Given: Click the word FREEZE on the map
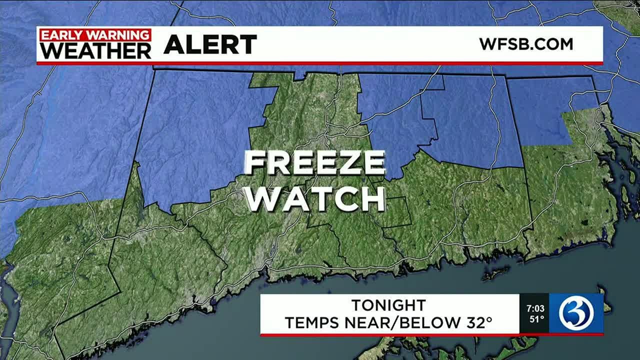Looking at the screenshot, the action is point(315,163).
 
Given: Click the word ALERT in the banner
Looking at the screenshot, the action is point(210,45).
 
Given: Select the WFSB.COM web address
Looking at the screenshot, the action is point(526,44).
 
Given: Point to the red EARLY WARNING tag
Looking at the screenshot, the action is point(95,35).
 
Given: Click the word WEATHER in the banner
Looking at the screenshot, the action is point(95,50).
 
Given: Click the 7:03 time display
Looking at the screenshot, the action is point(534,308).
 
